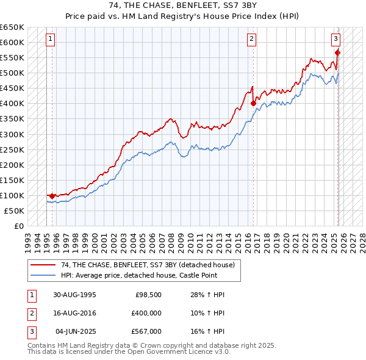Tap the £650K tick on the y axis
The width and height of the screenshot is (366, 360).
12,27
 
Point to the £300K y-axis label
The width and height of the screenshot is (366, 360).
12,134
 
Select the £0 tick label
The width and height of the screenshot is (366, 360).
19,226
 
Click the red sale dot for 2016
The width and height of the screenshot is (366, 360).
253,104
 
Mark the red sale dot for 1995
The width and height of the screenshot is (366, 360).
52,196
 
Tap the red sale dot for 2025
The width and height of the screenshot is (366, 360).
337,52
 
